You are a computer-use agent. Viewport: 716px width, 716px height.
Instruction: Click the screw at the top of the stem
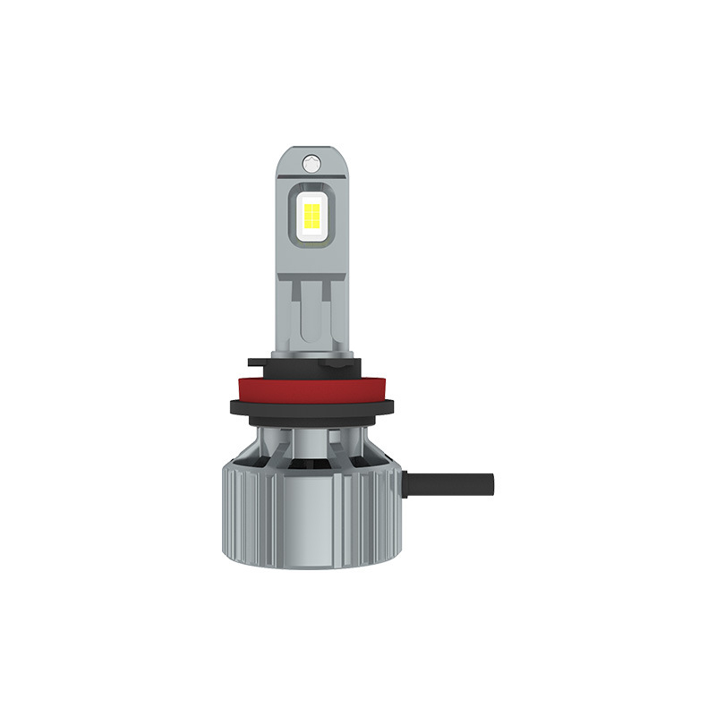click(311, 163)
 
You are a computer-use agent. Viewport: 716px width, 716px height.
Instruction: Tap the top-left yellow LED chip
click(306, 207)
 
